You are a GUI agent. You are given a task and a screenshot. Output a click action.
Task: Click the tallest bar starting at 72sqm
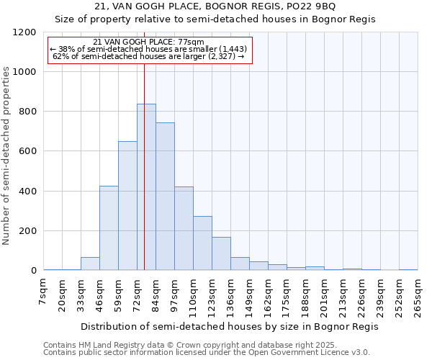pos(146,187)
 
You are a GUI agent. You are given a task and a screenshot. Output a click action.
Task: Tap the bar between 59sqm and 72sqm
pos(127,205)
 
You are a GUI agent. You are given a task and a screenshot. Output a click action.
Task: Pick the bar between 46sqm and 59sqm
pos(109,228)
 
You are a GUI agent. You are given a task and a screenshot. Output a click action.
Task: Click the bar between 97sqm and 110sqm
pos(184,228)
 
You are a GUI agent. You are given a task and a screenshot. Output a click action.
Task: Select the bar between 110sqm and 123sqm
pos(202,243)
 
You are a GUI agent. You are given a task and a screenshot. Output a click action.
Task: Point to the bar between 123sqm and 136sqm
pos(221,253)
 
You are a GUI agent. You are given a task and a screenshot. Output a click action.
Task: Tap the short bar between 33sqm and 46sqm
pos(90,264)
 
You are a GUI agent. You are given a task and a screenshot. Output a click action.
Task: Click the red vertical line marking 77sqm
pos(145,86)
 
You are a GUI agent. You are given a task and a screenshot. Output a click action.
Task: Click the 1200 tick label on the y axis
pos(24,32)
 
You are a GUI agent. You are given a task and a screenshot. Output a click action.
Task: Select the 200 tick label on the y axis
pos(27,231)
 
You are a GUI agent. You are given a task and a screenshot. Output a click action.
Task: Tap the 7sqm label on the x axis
pos(44,292)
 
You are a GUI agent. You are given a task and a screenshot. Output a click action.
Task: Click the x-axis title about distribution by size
pos(229,326)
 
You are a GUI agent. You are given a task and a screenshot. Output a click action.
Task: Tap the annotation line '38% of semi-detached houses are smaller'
pos(148,49)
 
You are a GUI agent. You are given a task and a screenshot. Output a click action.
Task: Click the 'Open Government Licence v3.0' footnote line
pos(207,352)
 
